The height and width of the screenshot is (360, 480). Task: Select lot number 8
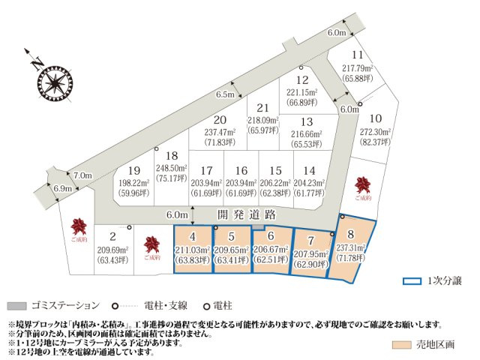click(350, 233)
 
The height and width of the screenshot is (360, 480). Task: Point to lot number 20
click(220, 119)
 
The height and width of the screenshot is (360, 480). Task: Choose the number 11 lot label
click(358, 55)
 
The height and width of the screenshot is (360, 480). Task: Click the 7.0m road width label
click(82, 175)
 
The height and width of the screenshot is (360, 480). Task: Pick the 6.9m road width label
click(63, 188)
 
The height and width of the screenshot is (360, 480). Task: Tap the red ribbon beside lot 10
click(364, 184)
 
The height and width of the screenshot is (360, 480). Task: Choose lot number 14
click(310, 170)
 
